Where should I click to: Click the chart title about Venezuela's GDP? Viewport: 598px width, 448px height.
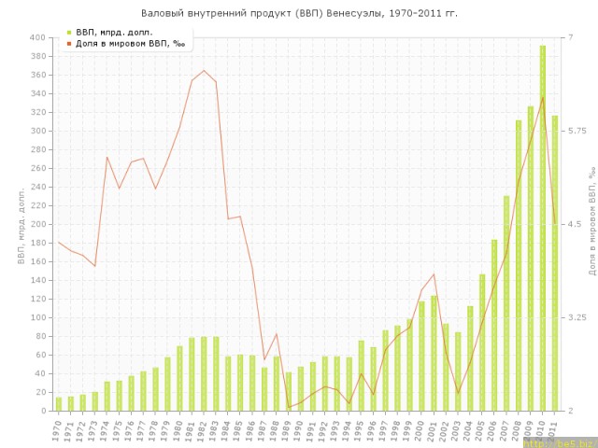click(299, 14)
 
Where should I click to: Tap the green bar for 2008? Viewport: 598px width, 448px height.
click(518, 266)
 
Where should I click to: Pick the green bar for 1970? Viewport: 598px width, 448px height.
click(59, 404)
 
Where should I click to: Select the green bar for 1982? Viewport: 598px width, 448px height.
click(204, 373)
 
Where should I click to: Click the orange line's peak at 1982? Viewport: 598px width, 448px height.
click(204, 71)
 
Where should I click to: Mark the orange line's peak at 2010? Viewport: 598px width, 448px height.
click(542, 97)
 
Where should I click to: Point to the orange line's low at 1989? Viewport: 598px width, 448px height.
click(288, 407)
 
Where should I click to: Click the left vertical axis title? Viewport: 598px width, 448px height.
click(22, 224)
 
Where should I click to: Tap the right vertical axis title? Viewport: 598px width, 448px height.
click(591, 224)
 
